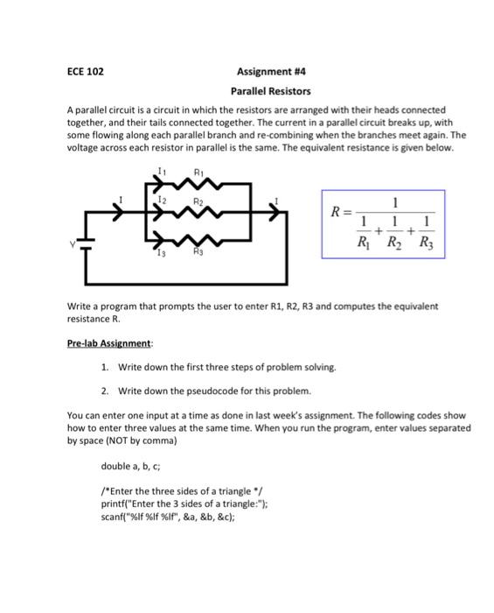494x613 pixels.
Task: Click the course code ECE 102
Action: [x=85, y=71]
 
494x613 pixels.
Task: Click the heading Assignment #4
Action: [x=270, y=71]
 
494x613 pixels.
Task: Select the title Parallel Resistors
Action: [x=270, y=90]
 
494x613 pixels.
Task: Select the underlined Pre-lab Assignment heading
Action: [x=109, y=344]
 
